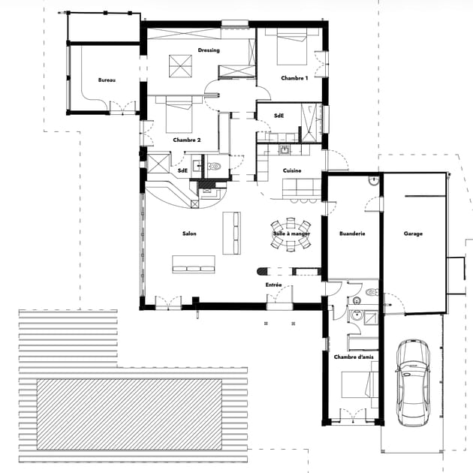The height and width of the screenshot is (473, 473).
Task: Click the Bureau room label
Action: click(107, 80)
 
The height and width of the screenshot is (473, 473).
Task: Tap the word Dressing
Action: click(209, 50)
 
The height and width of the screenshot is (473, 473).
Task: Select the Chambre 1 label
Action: click(294, 78)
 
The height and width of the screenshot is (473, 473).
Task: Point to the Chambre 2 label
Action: click(187, 140)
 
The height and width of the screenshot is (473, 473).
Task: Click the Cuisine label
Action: click(292, 170)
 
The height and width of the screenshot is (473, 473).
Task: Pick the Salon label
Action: click(189, 233)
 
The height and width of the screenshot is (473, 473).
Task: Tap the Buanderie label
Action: click(352, 233)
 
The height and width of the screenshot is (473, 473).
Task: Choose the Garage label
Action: click(413, 233)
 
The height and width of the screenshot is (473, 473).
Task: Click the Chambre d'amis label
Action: click(354, 357)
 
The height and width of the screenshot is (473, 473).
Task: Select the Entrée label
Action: click(273, 285)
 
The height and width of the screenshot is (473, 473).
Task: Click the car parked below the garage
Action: click(413, 383)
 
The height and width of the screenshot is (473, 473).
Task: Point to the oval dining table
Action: click(291, 234)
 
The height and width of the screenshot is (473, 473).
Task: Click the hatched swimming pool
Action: click(129, 414)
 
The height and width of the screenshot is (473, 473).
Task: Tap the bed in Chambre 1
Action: click(292, 47)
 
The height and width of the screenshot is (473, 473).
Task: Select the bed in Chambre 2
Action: click(179, 115)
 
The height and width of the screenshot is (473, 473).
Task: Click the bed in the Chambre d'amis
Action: click(360, 385)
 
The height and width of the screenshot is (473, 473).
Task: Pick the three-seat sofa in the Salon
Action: click(194, 264)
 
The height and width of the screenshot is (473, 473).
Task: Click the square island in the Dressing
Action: click(180, 66)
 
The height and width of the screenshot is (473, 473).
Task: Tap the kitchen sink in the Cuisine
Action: click(284, 149)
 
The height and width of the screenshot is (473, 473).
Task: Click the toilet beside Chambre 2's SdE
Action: click(215, 166)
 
